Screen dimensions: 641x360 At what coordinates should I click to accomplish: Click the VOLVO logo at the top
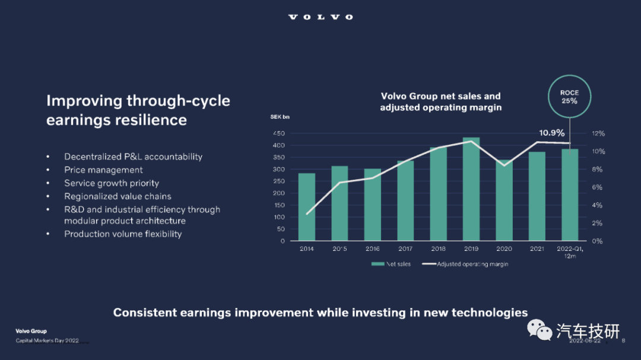320,17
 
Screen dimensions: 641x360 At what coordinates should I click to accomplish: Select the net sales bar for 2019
471,189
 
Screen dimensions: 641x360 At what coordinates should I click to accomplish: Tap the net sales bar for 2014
307,207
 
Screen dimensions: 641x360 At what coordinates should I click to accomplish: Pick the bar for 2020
504,200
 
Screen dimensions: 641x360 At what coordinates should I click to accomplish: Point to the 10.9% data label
551,133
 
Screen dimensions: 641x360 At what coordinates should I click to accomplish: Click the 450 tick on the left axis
279,133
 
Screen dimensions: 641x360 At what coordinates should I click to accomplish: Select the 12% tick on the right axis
598,133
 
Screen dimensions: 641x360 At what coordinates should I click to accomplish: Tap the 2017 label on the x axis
405,249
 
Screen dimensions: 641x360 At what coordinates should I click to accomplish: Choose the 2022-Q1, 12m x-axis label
570,251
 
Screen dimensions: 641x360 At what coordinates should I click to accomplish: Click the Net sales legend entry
391,264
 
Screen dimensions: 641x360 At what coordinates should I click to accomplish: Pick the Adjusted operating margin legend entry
465,264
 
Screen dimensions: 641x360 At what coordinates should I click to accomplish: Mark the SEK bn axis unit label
280,117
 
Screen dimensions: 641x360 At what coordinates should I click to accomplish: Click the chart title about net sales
440,102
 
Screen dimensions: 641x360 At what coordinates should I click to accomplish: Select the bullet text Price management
103,170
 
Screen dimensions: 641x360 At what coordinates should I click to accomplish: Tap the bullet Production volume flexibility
123,234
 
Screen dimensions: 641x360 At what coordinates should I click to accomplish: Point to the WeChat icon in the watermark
539,330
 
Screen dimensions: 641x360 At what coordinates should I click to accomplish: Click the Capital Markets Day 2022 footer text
47,341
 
